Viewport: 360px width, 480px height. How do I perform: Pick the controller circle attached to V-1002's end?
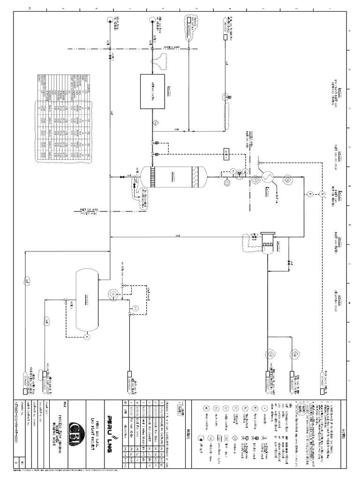click(x=86, y=336)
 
